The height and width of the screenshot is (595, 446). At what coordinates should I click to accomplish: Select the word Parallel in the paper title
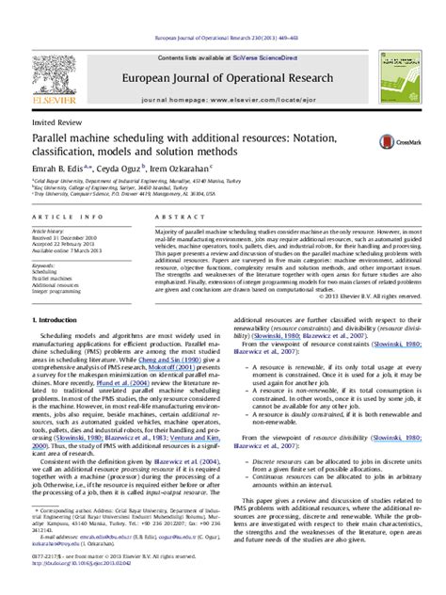pyautogui.click(x=55, y=137)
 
